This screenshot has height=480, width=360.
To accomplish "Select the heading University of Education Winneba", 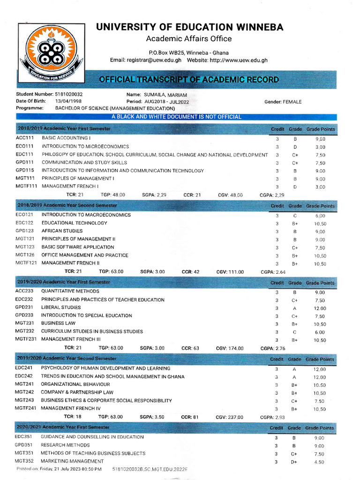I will click(x=189, y=27).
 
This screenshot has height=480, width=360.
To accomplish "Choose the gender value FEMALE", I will click(x=292, y=102).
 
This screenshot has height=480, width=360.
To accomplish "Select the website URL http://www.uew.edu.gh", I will click(x=238, y=60).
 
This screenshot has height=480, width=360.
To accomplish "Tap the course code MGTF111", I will click(x=26, y=187).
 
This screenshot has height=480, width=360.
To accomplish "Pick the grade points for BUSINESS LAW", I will click(x=320, y=324).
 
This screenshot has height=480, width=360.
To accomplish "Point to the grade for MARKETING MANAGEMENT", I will click(x=294, y=462).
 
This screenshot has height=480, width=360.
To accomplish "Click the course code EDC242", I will click(x=24, y=376).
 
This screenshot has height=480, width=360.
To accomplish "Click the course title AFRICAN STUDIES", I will click(x=62, y=231).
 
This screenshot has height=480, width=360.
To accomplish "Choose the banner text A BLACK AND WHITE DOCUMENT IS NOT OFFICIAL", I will click(x=176, y=117).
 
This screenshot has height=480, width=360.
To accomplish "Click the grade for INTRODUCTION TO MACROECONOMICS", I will click(x=295, y=215).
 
